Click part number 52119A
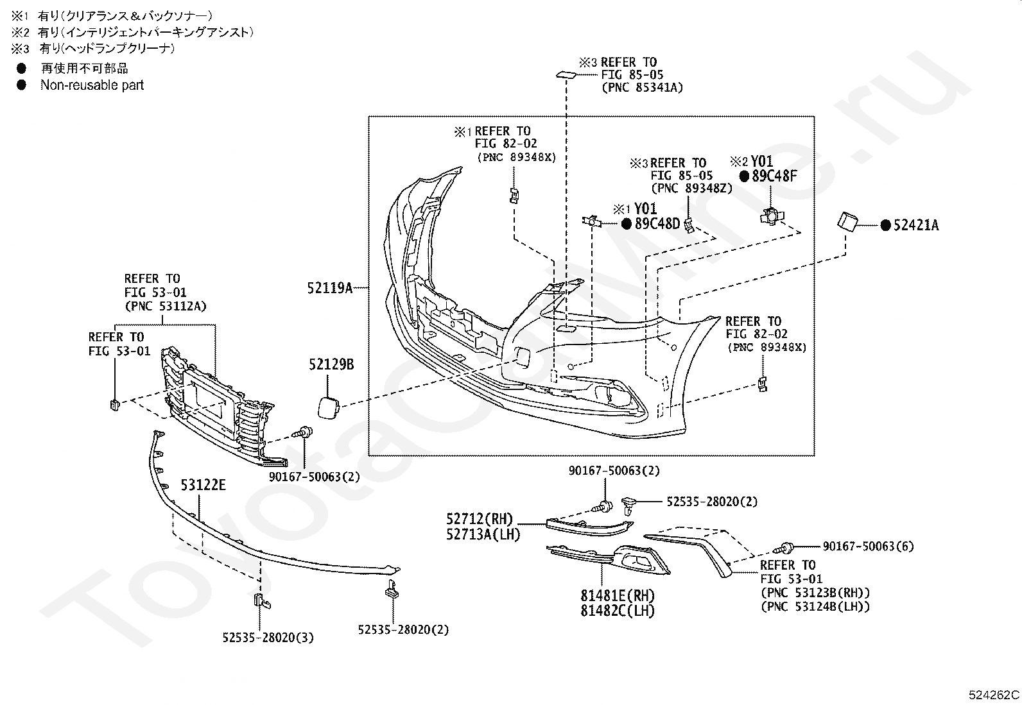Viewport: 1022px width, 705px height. click(x=330, y=288)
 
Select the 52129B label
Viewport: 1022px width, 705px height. click(x=331, y=364)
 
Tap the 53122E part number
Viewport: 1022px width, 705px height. click(x=203, y=485)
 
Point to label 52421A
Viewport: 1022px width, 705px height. click(x=916, y=225)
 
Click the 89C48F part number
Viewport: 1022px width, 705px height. click(x=774, y=176)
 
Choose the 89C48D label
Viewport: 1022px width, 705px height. click(x=657, y=223)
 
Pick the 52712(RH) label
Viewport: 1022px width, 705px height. click(x=480, y=519)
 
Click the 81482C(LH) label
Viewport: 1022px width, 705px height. click(x=618, y=611)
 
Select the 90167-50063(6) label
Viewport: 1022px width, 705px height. click(x=868, y=547)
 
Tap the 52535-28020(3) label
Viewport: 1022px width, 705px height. click(x=268, y=638)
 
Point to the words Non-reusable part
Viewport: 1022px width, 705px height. click(x=92, y=85)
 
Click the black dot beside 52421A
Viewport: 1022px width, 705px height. click(x=885, y=225)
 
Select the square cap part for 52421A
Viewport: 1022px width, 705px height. click(x=847, y=222)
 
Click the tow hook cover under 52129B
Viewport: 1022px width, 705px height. click(x=329, y=407)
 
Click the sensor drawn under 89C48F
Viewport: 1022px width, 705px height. click(x=772, y=216)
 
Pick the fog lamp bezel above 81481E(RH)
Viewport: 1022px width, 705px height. click(x=608, y=559)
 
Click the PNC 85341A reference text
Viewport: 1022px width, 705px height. click(x=643, y=87)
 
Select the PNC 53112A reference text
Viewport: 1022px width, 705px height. click(x=166, y=306)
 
